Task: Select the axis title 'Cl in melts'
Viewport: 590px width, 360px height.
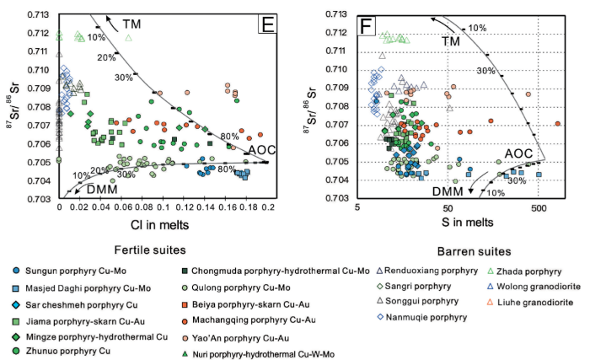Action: click(164, 223)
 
